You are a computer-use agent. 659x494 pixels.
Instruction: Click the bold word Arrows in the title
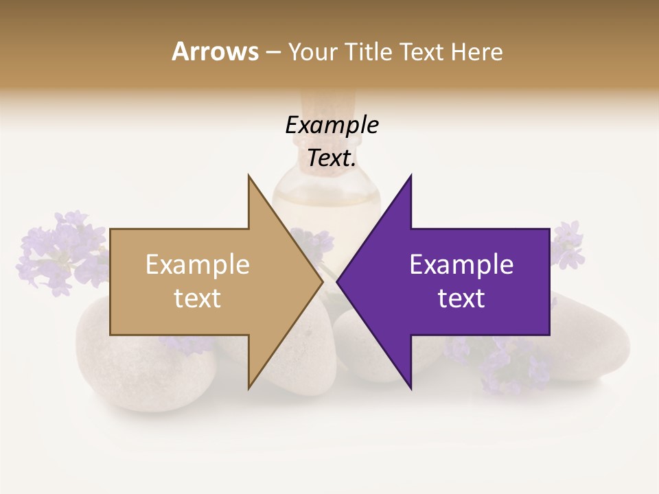[215, 51]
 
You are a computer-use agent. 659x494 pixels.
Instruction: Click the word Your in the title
[312, 52]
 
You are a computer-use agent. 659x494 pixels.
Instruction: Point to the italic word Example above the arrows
[332, 126]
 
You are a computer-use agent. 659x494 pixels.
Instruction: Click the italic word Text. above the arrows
[332, 158]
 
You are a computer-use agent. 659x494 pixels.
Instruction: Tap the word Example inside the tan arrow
[198, 265]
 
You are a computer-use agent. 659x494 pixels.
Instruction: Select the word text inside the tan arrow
[198, 298]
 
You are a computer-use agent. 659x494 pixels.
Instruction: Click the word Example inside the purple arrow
[461, 265]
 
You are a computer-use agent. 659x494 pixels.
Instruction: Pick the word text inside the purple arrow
[461, 298]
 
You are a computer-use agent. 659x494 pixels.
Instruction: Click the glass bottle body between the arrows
[327, 206]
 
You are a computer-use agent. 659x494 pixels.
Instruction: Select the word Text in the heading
[424, 52]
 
